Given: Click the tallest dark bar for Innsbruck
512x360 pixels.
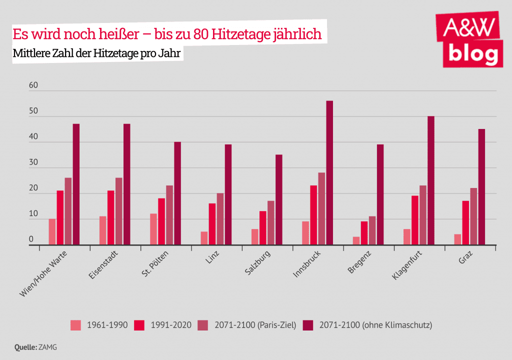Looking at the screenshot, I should tap(329, 172).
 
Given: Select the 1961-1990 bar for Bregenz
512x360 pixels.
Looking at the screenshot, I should tap(356, 240).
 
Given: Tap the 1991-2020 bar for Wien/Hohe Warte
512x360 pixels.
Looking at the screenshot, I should tap(60, 217).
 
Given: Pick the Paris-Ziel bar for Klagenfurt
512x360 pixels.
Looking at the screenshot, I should tap(422, 215).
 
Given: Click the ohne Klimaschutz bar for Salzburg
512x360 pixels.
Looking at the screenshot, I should tap(279, 199).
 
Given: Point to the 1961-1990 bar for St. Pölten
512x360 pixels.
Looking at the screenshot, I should tap(153, 229).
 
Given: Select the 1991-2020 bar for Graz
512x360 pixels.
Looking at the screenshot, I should tap(465, 222).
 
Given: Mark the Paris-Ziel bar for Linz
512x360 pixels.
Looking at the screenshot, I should tap(220, 219).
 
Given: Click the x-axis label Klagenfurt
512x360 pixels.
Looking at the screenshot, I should tap(406, 266).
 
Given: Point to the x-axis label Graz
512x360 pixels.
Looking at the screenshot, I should tap(465, 259).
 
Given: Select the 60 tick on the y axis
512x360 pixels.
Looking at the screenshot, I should tap(33, 85).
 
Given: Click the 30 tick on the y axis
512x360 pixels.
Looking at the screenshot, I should tap(33, 162).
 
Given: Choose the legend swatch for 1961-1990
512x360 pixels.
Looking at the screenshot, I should tap(75, 325).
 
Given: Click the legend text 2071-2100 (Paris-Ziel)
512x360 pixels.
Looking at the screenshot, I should tap(255, 325).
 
